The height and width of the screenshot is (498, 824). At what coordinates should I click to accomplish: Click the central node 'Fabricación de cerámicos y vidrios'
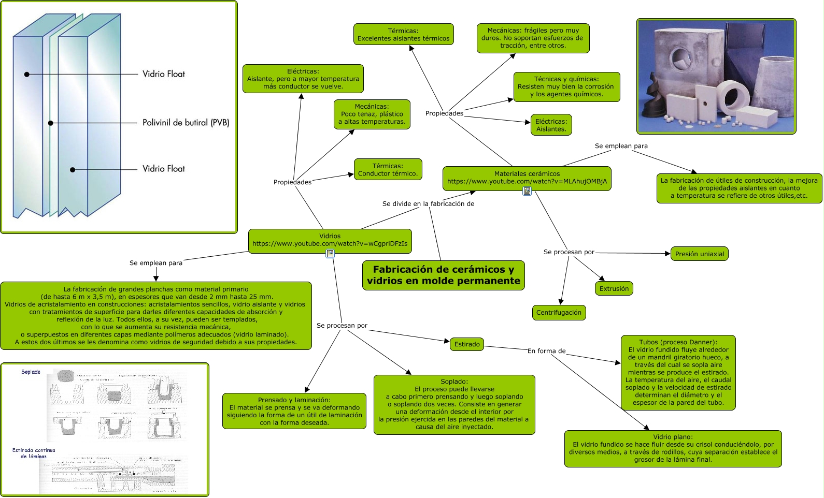pos(443,275)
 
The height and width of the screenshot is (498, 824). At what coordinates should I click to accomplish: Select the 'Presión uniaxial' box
pos(699,254)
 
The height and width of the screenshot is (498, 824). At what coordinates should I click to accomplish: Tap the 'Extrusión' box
pos(614,288)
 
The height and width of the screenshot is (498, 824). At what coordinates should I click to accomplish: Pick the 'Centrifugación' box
pos(559,312)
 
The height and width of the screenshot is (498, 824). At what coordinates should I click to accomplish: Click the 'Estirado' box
pos(466,344)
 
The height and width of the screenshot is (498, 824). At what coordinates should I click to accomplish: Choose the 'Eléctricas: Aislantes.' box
pos(551,125)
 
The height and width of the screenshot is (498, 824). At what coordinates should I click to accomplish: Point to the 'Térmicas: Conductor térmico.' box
pos(388,169)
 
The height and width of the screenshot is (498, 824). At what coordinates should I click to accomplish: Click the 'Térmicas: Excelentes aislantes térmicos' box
pos(403,34)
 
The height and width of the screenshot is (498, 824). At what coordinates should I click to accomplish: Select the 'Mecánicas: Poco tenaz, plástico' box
pos(372,114)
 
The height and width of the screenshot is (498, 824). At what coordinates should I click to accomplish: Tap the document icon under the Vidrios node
pos(330,254)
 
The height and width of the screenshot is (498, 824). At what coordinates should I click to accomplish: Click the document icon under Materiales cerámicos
pos(527,192)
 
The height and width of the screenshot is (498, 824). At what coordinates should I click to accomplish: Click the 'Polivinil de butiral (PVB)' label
pos(186,123)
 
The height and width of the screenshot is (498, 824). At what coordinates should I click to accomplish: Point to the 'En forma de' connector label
pos(546,351)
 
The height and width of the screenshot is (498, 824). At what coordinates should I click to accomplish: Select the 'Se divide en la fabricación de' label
pos(428,204)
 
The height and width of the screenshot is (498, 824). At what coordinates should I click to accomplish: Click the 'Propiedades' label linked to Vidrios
pos(292,182)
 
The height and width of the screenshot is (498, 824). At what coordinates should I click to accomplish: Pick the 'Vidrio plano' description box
pos(673,448)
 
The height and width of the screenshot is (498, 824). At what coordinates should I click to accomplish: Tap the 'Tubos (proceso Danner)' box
pos(678,372)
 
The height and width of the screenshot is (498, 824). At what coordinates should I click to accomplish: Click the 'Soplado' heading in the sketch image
pos(31,372)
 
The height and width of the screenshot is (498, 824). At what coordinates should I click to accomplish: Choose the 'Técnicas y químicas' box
pos(566,86)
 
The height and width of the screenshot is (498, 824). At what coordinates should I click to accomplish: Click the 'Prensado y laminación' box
pos(294,411)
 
